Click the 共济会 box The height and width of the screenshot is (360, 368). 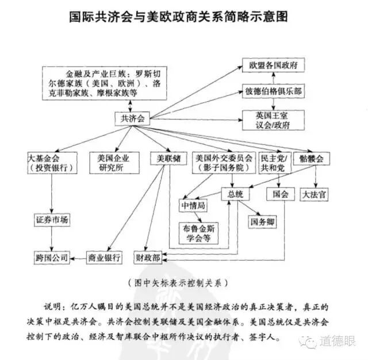click(x=132, y=119)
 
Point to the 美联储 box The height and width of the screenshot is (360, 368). click(x=168, y=158)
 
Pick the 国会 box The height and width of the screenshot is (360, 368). click(x=280, y=194)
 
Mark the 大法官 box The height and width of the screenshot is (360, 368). click(x=315, y=194)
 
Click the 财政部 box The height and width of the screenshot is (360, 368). click(x=148, y=257)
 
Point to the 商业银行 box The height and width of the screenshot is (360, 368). click(x=104, y=257)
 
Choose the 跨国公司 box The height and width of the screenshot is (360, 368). click(x=51, y=257)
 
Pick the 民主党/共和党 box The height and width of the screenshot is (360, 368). click(x=272, y=163)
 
